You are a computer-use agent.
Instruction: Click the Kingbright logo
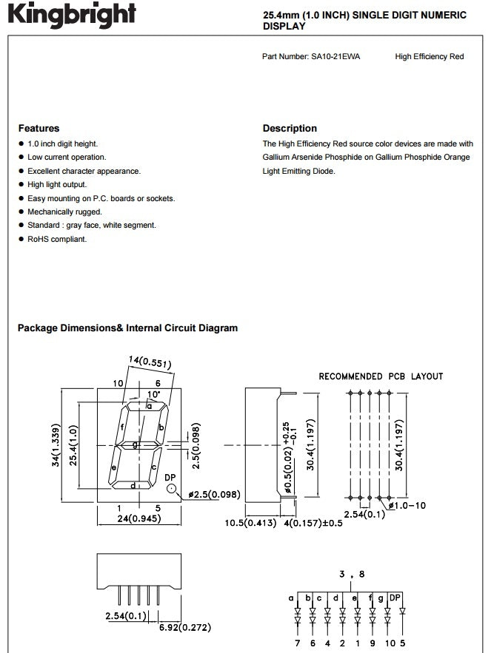(x=72, y=15)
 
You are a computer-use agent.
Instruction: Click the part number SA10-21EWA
(x=335, y=57)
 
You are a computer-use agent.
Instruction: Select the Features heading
(x=39, y=128)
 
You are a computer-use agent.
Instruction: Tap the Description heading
(x=290, y=128)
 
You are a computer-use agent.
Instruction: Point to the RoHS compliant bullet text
(x=57, y=239)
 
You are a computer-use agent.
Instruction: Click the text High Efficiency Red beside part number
(x=430, y=57)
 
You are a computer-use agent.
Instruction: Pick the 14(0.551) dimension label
(x=150, y=362)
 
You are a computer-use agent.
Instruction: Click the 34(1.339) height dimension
(x=56, y=444)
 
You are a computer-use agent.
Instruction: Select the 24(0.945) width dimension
(x=139, y=518)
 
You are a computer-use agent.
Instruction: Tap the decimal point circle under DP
(x=172, y=489)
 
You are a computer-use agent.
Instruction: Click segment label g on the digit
(x=135, y=444)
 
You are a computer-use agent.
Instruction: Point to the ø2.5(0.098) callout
(x=214, y=494)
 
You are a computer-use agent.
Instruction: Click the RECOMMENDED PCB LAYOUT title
(x=381, y=376)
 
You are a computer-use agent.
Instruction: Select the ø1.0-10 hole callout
(x=407, y=506)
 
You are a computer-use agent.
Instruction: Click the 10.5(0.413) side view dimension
(x=250, y=523)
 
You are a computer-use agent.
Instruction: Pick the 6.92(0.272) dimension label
(x=185, y=627)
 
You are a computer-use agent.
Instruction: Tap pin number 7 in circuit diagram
(x=298, y=643)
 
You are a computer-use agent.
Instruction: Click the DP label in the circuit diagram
(x=395, y=598)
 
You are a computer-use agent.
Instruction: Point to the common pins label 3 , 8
(x=352, y=575)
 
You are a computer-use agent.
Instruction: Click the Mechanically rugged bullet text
(x=64, y=212)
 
